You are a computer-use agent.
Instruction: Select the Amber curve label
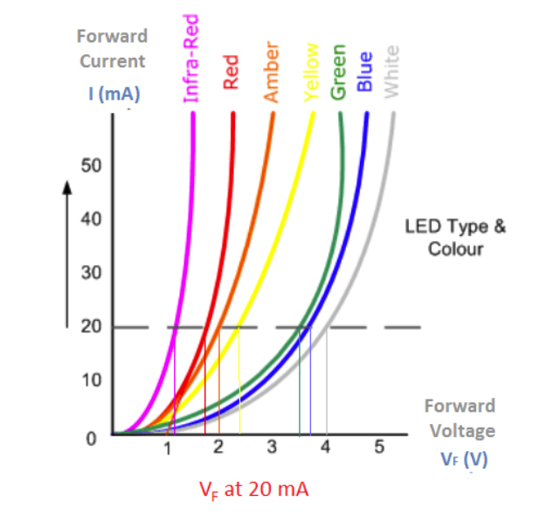271,70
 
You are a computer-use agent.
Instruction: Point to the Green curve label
340,71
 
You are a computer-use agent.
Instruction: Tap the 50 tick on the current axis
91,165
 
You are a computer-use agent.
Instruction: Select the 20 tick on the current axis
91,327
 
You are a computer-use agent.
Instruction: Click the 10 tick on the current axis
91,380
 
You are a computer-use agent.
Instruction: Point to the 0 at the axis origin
91,437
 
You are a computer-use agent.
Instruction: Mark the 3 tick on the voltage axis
273,449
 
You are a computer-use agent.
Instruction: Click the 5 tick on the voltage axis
379,449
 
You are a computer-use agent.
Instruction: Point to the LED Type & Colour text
455,237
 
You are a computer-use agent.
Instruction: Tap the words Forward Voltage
460,418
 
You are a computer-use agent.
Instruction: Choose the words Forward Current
112,48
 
